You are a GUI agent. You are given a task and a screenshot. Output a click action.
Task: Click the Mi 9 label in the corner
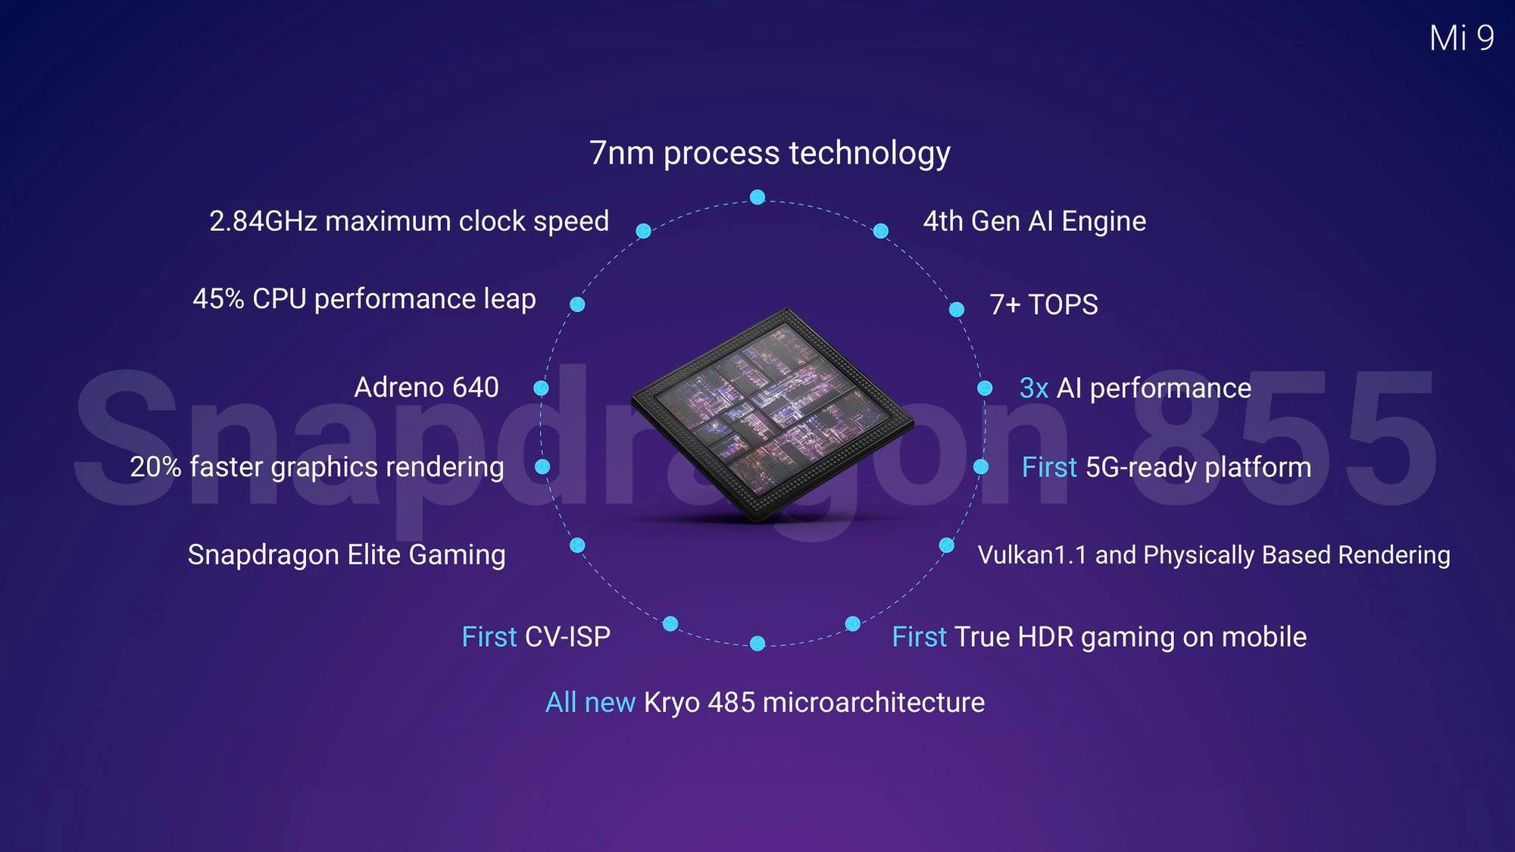pos(1461,38)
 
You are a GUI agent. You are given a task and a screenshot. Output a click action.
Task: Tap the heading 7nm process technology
pos(770,153)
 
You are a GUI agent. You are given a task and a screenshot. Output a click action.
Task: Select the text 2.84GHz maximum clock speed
pos(409,221)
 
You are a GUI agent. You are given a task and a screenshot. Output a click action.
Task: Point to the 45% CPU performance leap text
pos(364,298)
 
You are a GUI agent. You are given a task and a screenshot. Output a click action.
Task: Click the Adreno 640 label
pos(426,387)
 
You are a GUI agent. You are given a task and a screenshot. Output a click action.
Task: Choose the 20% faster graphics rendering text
pos(317,467)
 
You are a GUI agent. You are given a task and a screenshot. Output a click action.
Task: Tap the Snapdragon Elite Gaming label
pos(347,554)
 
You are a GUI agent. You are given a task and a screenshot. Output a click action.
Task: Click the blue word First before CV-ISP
pos(489,637)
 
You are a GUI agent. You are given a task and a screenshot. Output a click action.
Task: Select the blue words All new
pos(590,702)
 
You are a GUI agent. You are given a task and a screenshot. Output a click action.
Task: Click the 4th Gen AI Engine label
pos(1035,221)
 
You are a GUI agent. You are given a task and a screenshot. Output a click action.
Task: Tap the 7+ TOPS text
pos(1044,304)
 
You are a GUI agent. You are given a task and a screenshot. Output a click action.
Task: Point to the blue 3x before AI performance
pos(1034,388)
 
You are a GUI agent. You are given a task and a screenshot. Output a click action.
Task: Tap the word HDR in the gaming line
pos(1045,637)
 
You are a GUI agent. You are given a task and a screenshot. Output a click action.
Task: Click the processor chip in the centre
pos(773,415)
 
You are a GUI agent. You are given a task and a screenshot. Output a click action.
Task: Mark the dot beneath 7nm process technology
pos(757,197)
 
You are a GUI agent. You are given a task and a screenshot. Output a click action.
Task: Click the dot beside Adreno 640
pos(541,388)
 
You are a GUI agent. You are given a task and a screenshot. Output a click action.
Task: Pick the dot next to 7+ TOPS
pos(957,309)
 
